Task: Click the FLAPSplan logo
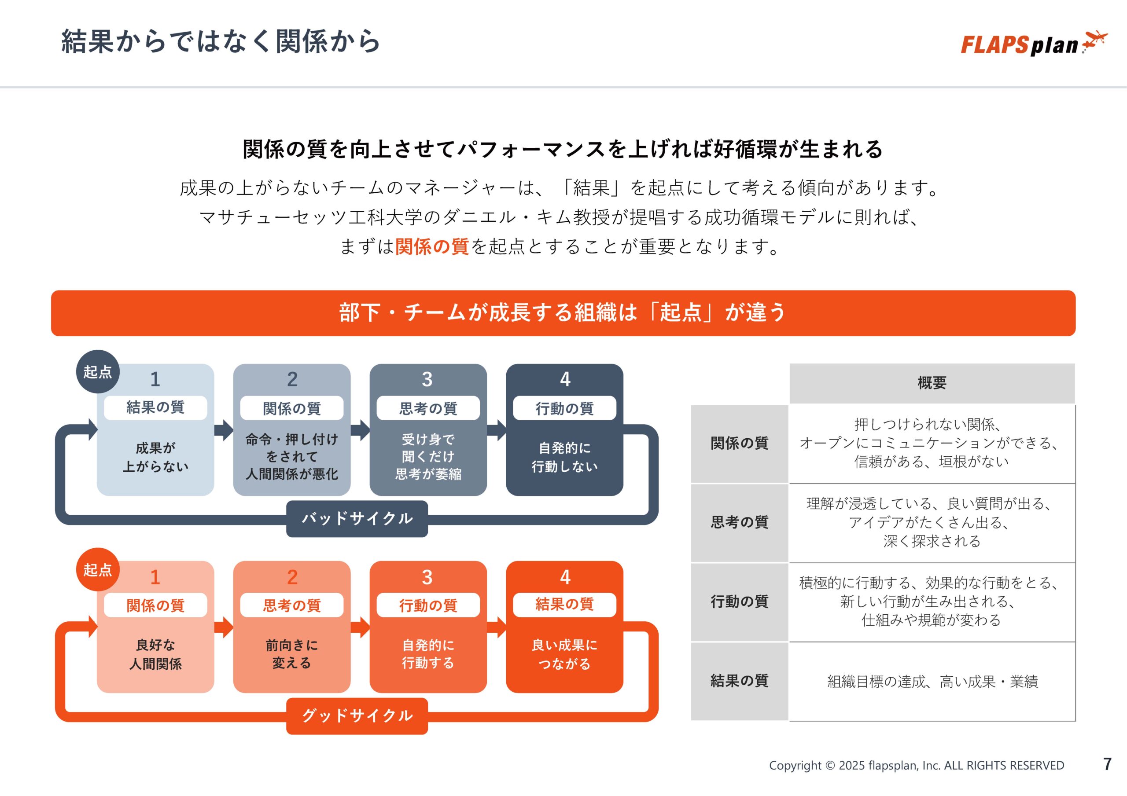[1033, 44]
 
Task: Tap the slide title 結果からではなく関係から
[221, 41]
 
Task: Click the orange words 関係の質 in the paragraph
[431, 246]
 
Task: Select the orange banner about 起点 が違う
[563, 313]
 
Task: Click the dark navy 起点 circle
[98, 371]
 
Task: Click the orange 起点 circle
[98, 569]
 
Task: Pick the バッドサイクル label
[357, 519]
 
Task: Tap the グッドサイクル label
[357, 716]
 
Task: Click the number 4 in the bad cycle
[565, 379]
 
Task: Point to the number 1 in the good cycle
[155, 577]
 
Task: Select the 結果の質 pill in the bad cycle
[155, 407]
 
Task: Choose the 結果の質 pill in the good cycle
[564, 605]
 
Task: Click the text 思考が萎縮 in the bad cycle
[428, 474]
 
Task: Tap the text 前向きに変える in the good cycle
[291, 654]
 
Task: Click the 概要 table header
[932, 383]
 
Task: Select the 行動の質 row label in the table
[739, 602]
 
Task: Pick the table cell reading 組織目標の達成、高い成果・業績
[932, 682]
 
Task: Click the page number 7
[1107, 764]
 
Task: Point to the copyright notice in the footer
[917, 766]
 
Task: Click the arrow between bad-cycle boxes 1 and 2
[224, 430]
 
